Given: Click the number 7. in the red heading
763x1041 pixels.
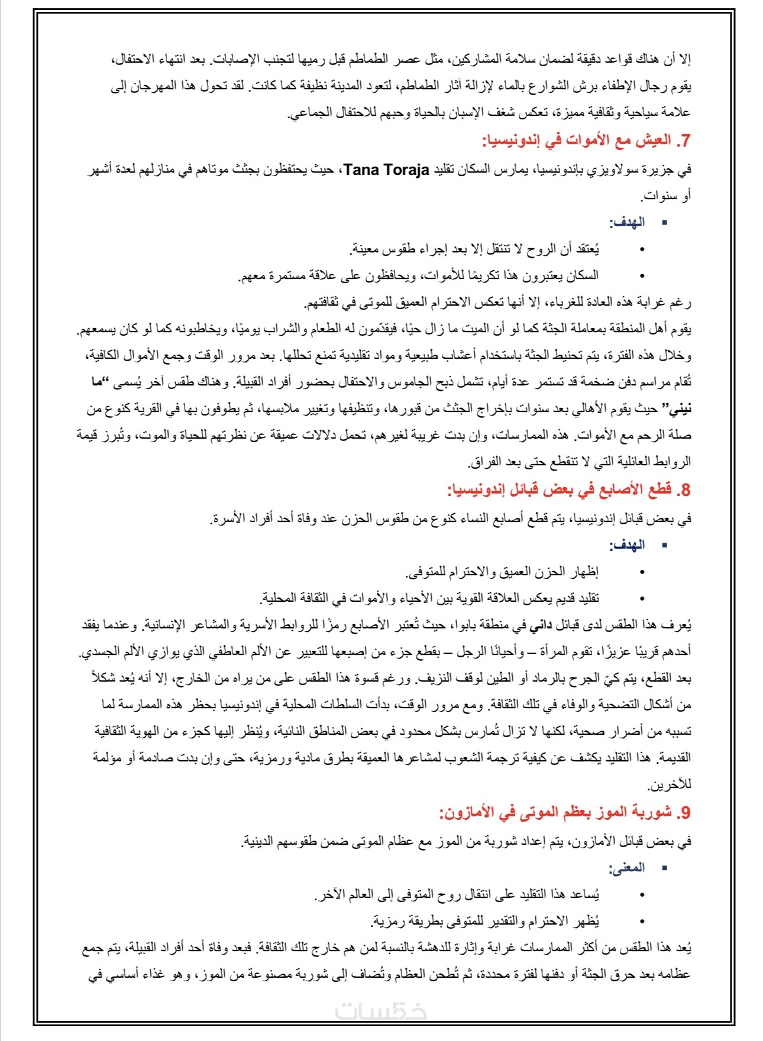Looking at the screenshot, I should pyautogui.click(x=684, y=141).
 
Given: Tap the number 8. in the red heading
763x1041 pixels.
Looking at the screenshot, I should pyautogui.click(x=684, y=489).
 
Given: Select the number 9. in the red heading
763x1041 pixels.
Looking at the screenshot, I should pyautogui.click(x=684, y=812).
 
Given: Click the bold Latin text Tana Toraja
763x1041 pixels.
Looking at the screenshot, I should pyautogui.click(x=386, y=170).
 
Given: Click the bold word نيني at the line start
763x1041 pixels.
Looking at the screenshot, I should pyautogui.click(x=680, y=408).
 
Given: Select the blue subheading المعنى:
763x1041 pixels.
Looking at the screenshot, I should pyautogui.click(x=627, y=868).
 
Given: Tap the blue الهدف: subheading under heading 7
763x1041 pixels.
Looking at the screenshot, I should pyautogui.click(x=627, y=222).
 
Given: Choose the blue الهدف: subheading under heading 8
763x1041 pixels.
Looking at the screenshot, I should pyautogui.click(x=627, y=545).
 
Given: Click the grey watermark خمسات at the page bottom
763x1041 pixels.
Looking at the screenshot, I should pyautogui.click(x=381, y=1011).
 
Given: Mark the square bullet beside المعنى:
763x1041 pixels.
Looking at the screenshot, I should pyautogui.click(x=664, y=868).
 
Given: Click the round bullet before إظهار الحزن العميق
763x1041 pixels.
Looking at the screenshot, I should pyautogui.click(x=642, y=572).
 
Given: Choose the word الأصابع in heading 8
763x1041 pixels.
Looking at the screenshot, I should pyautogui.click(x=622, y=489).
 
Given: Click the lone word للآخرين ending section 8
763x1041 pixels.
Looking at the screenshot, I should pyautogui.click(x=670, y=785).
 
